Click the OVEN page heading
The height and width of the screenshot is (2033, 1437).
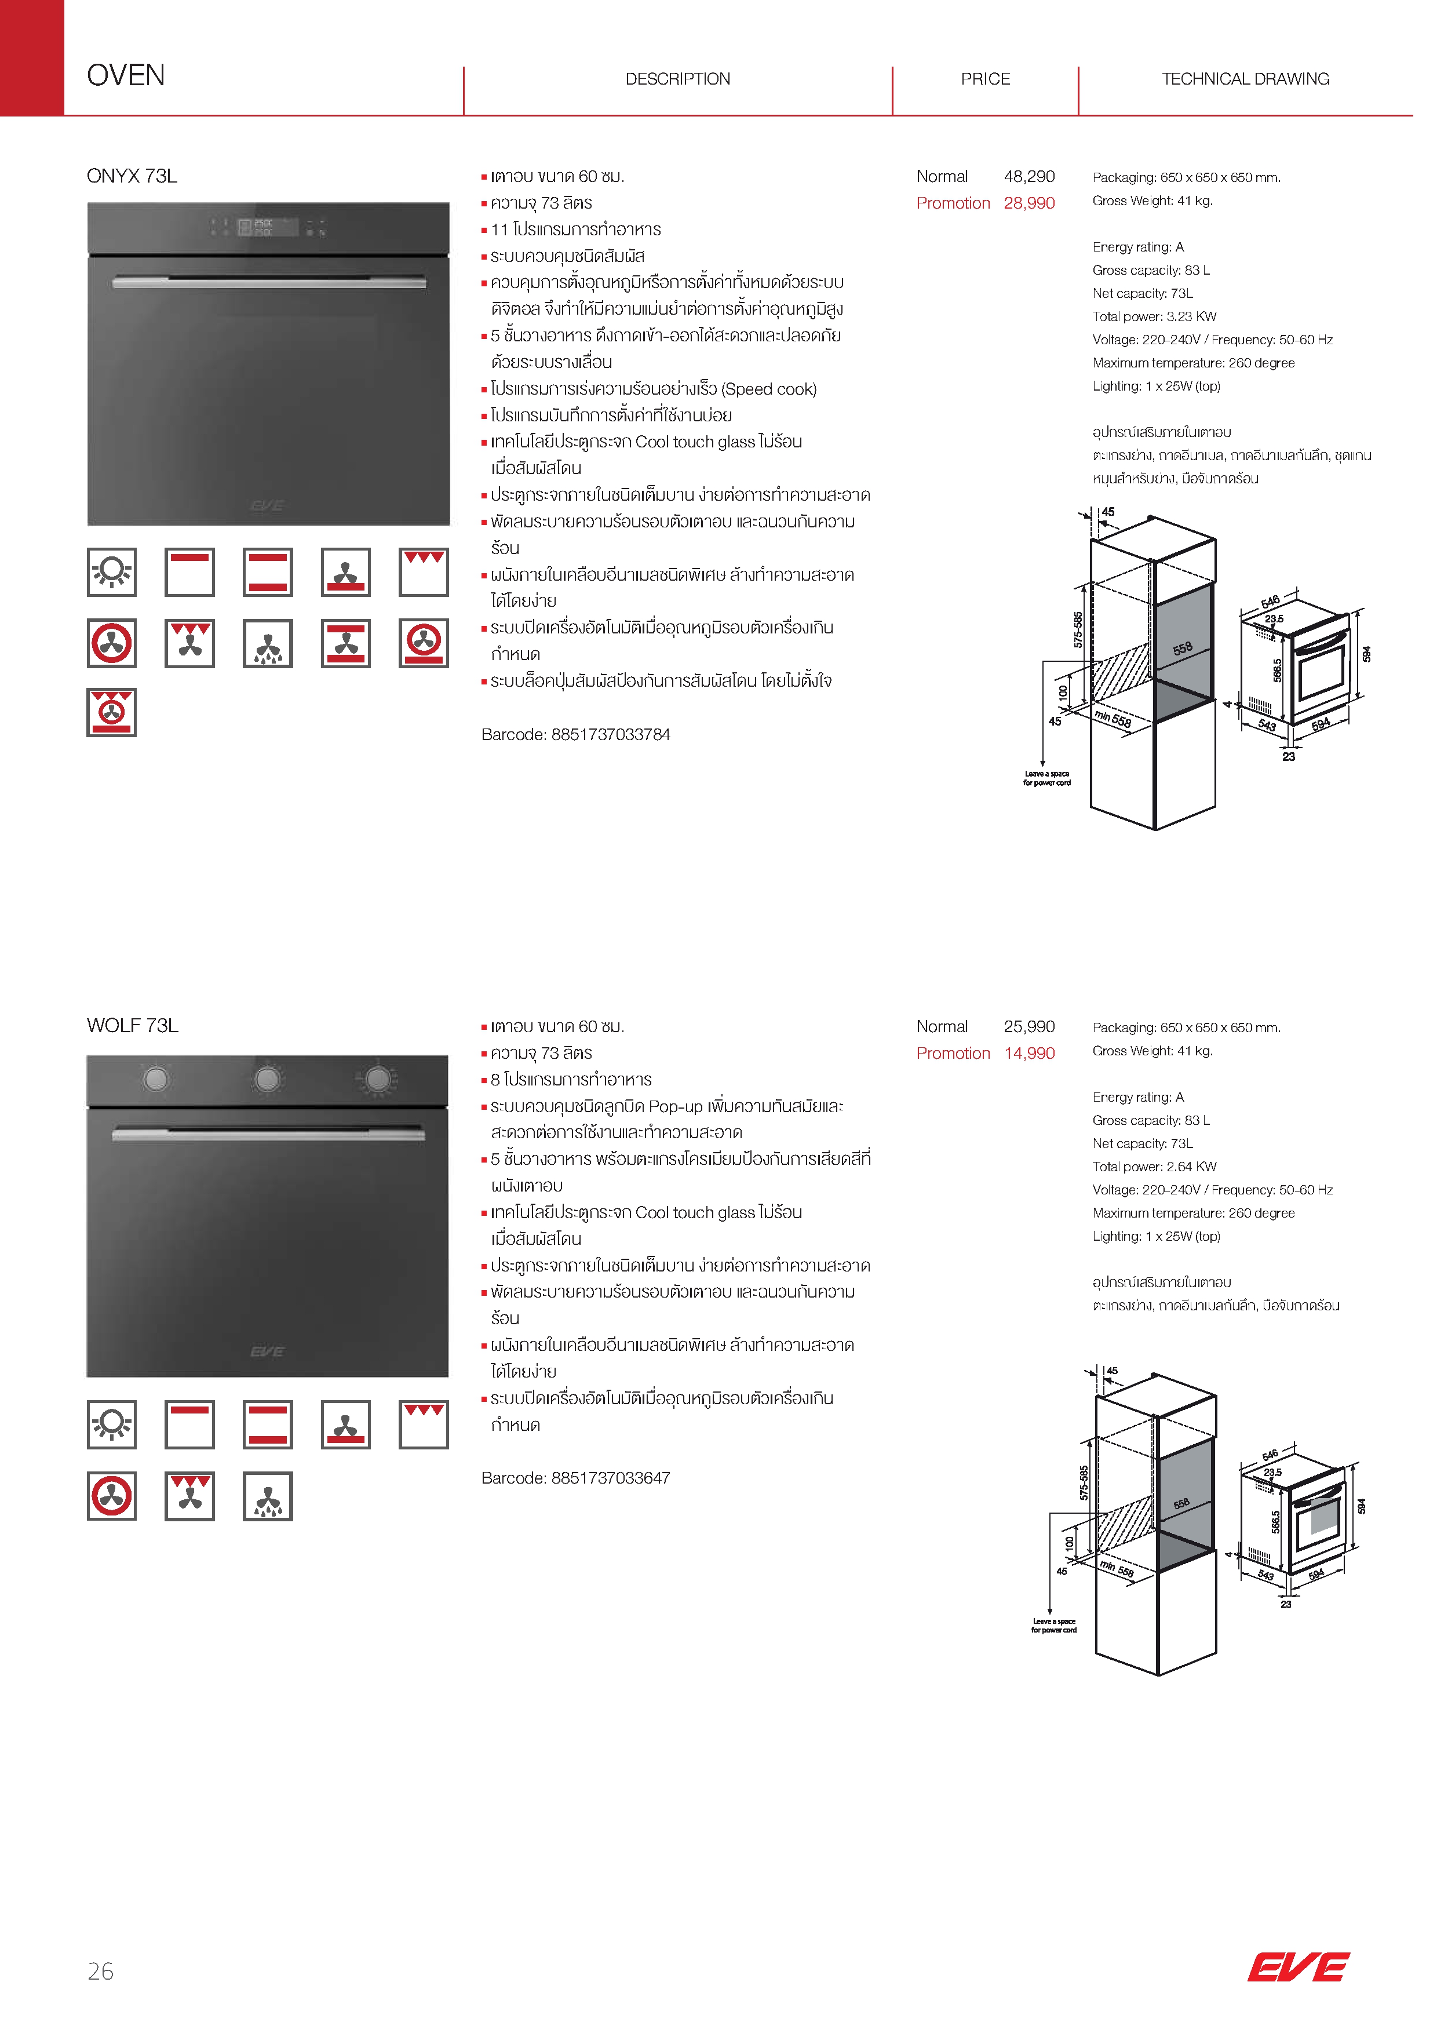coord(126,75)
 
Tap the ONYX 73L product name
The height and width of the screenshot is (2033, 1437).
coord(132,176)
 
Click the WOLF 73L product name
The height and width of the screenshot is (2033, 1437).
coord(133,1025)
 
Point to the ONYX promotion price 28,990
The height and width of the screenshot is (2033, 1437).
coord(1029,203)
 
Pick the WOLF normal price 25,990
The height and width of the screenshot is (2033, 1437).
coord(1029,1026)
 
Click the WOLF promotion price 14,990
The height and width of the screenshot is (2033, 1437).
coord(1029,1053)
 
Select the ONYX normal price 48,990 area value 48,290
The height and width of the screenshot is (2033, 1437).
coord(1029,176)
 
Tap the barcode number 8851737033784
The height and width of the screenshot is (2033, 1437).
coord(610,734)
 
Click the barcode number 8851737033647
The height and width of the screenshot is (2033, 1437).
coord(610,1478)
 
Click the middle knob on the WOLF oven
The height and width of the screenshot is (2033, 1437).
coord(267,1079)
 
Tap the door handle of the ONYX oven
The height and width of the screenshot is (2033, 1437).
coord(268,282)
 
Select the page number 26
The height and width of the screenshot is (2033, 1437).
coord(100,1971)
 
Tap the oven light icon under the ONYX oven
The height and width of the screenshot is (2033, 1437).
coord(112,572)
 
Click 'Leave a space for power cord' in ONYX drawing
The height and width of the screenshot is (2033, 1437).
coord(1046,777)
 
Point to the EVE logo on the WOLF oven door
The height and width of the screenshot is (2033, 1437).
coord(267,1351)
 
